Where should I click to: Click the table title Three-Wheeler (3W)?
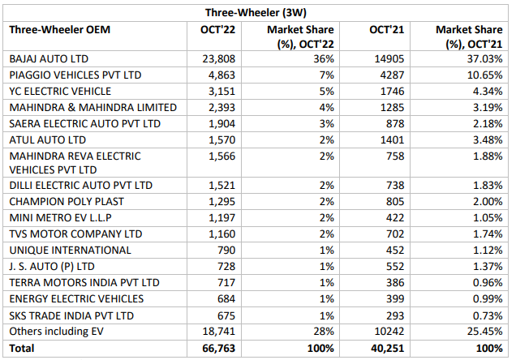point(258,11)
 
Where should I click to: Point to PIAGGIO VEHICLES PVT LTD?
point(75,75)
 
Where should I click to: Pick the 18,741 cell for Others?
point(217,332)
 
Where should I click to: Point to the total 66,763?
point(217,349)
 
